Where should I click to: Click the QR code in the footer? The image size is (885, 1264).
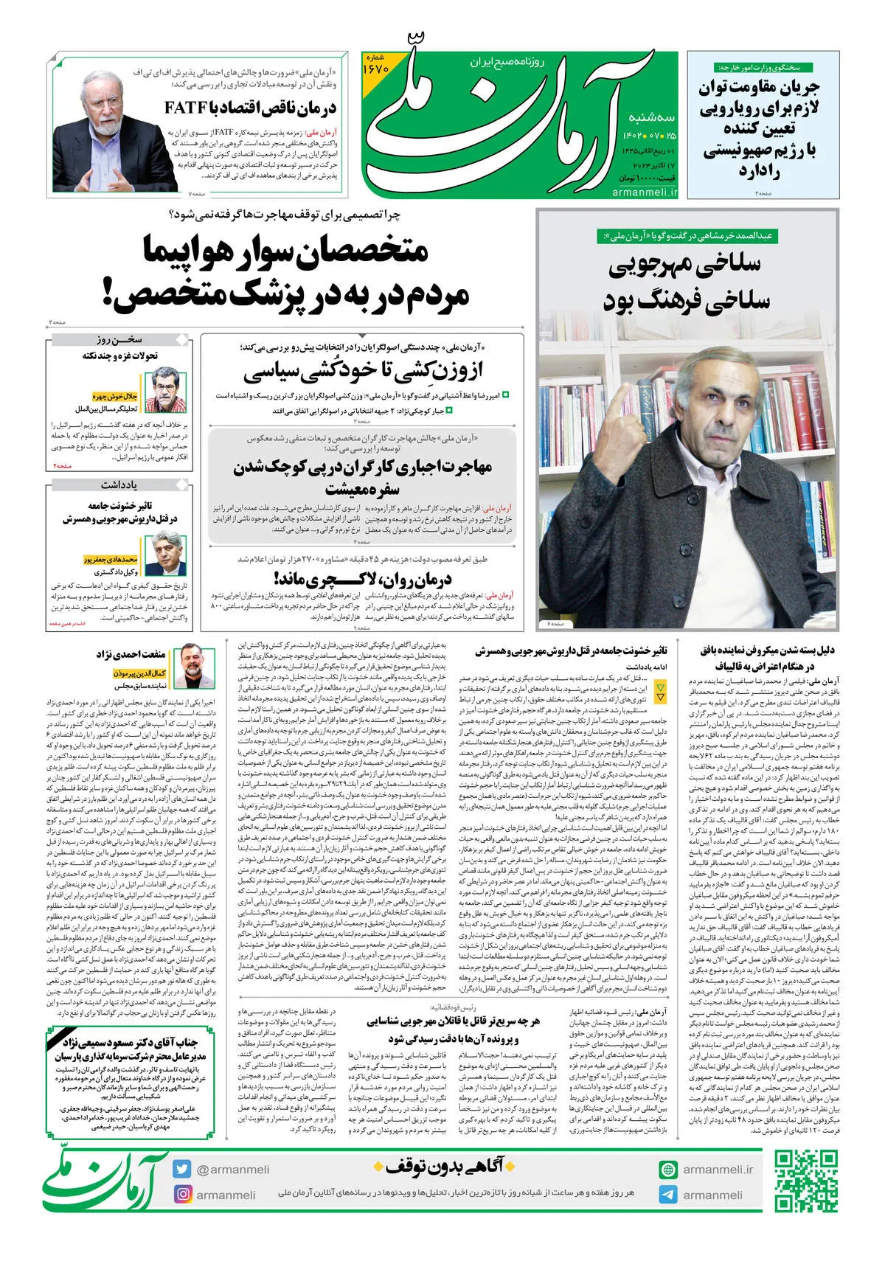(805, 1181)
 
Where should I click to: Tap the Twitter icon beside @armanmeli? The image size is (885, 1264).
(181, 1169)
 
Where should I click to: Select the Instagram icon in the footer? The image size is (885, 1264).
(181, 1194)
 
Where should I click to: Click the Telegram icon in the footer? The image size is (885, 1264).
(668, 1194)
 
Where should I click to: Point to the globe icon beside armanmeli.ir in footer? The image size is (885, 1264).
(668, 1169)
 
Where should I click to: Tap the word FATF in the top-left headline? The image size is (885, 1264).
(185, 108)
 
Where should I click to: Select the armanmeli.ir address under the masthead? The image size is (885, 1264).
(644, 192)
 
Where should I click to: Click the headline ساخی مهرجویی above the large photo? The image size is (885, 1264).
(685, 266)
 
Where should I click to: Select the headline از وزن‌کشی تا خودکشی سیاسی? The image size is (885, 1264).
(363, 370)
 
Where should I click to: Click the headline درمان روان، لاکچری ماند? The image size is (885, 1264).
(362, 578)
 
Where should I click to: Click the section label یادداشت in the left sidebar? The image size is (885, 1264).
(120, 485)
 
